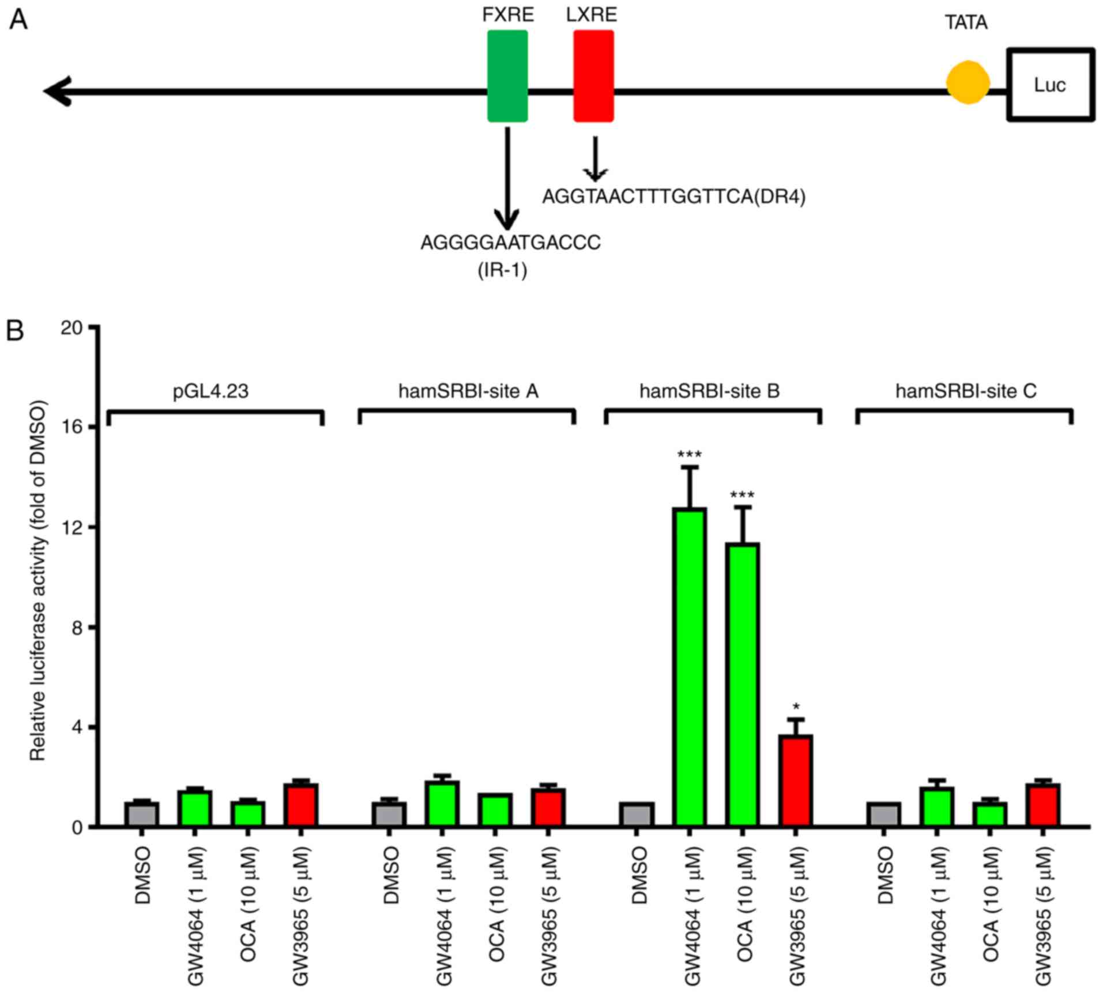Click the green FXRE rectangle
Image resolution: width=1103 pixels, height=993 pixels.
(x=507, y=76)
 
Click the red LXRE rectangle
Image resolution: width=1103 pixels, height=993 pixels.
(x=593, y=76)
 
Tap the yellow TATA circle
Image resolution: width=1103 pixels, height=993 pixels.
(x=968, y=83)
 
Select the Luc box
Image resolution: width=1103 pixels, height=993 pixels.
(x=1050, y=85)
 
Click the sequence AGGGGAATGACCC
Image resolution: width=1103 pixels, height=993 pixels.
(x=510, y=243)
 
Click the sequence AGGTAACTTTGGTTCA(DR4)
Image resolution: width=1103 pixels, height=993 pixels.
(x=673, y=197)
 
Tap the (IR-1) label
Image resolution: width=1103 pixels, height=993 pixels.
(x=502, y=270)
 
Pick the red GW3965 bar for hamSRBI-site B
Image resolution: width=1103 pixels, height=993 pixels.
(x=796, y=780)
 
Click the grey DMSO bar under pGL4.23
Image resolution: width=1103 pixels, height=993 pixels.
(x=142, y=814)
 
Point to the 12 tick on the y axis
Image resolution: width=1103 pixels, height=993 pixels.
(x=92, y=527)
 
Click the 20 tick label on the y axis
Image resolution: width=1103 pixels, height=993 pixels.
(x=73, y=327)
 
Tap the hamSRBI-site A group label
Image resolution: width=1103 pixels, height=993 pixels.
(x=468, y=391)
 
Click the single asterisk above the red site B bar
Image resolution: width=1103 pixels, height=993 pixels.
(x=796, y=707)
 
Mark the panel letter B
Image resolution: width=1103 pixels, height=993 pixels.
(x=15, y=331)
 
